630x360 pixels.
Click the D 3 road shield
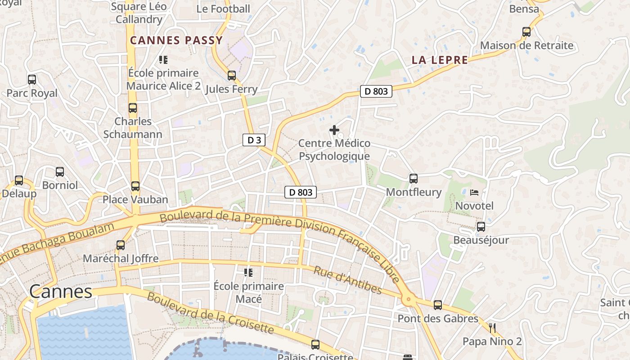(x=254, y=140)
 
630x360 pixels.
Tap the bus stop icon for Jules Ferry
(x=232, y=75)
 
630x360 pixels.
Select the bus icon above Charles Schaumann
(x=132, y=108)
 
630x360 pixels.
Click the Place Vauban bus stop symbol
(x=135, y=186)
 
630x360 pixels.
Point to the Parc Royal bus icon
(x=32, y=80)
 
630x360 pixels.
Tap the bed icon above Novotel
(x=474, y=193)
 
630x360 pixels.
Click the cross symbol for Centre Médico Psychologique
(x=334, y=130)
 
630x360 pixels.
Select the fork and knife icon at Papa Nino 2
(x=492, y=328)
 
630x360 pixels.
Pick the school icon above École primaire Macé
(x=248, y=273)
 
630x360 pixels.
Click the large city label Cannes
(x=61, y=292)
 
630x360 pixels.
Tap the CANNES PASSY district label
(x=176, y=40)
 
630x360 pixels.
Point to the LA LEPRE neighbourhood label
(x=440, y=60)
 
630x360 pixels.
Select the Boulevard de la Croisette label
(x=211, y=313)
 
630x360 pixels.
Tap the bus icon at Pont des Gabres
(x=438, y=305)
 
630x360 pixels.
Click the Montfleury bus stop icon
(x=414, y=179)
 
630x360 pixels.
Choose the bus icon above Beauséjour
(x=481, y=226)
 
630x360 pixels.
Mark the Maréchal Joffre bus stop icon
(x=121, y=245)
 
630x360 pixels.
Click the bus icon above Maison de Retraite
(x=526, y=32)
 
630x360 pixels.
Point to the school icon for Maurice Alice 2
(x=163, y=59)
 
